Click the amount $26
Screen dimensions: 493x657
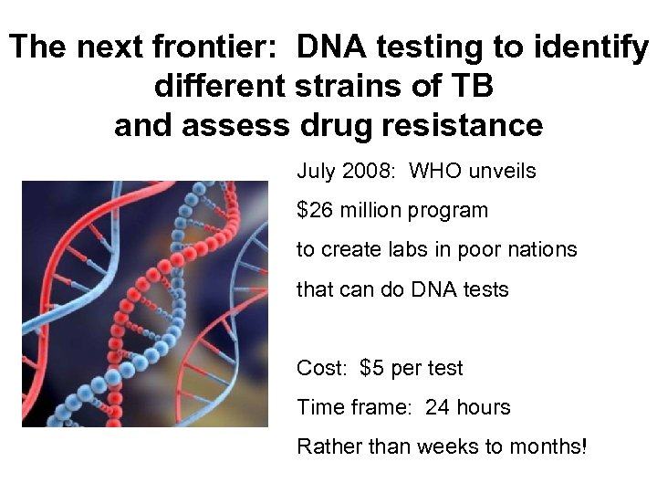(315, 210)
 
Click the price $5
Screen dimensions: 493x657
(372, 368)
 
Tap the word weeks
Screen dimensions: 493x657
(425, 446)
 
